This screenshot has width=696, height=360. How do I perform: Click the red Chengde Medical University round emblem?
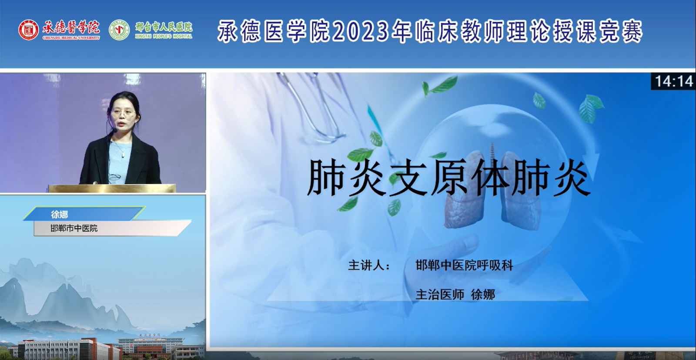click(29, 30)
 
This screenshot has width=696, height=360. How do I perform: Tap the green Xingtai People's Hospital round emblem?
click(119, 30)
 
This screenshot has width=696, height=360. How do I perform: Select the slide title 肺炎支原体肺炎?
click(448, 178)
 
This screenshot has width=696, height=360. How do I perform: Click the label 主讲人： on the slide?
click(369, 266)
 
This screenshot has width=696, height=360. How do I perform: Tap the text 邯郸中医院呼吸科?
click(464, 265)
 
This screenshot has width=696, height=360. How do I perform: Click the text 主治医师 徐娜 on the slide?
click(455, 294)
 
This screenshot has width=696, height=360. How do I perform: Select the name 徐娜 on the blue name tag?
click(59, 214)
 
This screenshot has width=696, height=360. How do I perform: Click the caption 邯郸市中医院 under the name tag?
click(74, 228)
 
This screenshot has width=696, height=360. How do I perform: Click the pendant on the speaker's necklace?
click(123, 155)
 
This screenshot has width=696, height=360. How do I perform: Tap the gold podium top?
click(112, 188)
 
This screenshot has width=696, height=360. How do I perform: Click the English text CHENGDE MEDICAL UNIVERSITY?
click(71, 38)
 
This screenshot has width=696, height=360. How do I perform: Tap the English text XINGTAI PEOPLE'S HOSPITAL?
click(164, 37)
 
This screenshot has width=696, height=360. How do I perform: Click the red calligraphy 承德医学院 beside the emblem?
click(71, 27)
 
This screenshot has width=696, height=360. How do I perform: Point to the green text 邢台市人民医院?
click(164, 27)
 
